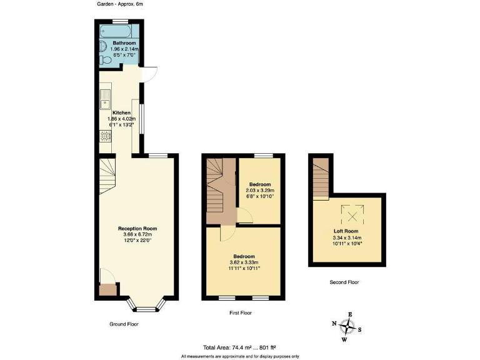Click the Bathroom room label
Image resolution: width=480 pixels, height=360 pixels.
click(124, 43)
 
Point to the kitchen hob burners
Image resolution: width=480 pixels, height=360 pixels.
click(104, 136)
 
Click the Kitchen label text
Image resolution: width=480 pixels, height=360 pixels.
click(122, 113)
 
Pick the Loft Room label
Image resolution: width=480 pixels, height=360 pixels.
click(346, 231)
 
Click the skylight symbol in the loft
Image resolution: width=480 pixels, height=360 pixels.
click(353, 216)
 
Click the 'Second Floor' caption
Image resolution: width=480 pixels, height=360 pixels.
click(344, 282)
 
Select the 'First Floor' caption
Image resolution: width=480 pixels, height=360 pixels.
click(240, 312)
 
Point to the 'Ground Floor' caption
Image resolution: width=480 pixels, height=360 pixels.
click(124, 324)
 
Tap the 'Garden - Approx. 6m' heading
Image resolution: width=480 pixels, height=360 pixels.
click(119, 4)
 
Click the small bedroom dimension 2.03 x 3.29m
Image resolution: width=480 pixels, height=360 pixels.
click(259, 191)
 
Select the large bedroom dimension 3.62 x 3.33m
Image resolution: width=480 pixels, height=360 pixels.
click(244, 262)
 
